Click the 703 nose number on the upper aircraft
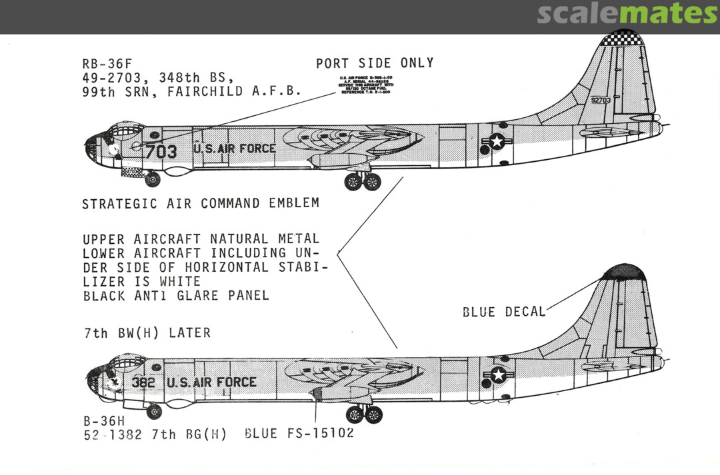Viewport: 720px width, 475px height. [162, 151]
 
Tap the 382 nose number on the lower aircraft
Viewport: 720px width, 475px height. [144, 382]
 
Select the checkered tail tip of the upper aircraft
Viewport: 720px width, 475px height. [624, 38]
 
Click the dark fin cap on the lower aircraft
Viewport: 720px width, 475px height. [623, 271]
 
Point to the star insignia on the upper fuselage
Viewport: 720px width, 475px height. [497, 141]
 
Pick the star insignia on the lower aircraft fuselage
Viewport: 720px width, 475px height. [498, 375]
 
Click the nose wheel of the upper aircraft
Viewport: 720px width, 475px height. [153, 179]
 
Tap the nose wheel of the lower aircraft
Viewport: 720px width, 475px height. [154, 411]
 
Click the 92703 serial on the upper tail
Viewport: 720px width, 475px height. [600, 100]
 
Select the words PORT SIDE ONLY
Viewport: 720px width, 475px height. [375, 63]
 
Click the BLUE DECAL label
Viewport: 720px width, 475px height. [504, 311]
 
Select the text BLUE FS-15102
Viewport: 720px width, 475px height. [299, 434]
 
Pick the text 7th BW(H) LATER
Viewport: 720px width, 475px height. [146, 333]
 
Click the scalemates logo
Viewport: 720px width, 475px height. [627, 13]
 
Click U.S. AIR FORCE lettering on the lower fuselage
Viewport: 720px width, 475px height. [211, 382]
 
